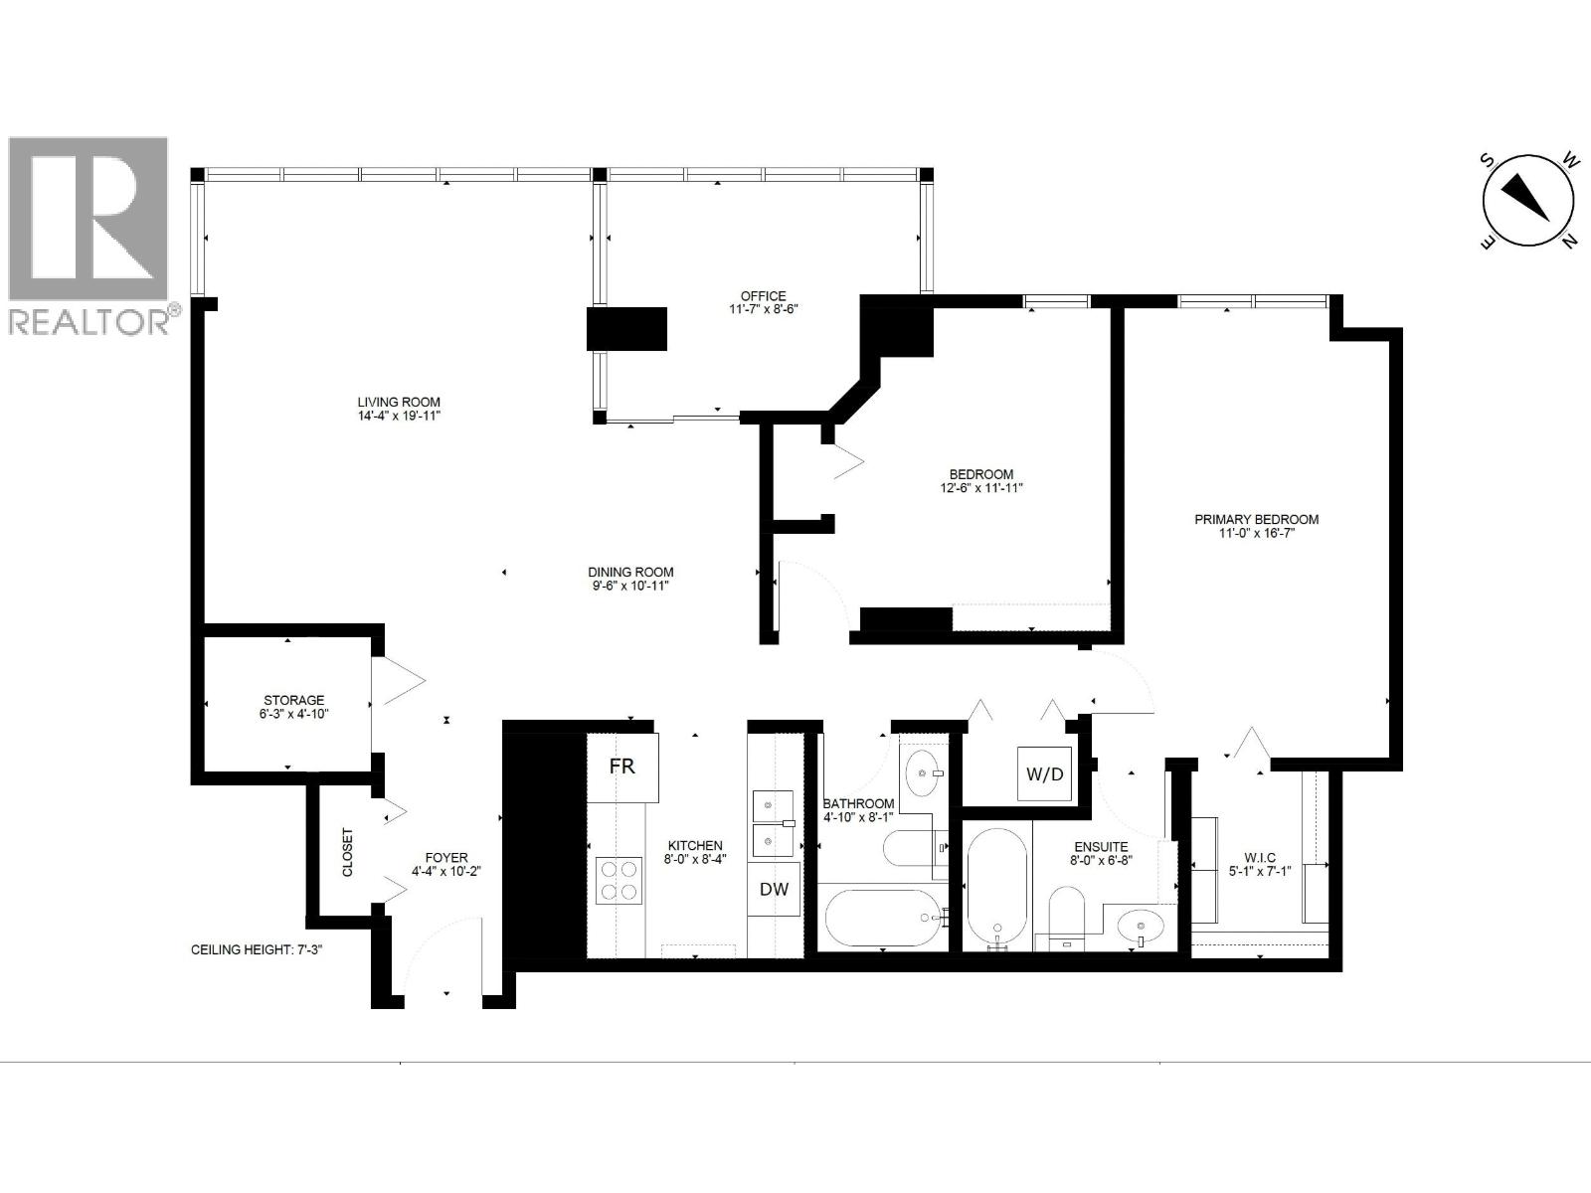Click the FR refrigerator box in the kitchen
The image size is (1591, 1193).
tap(622, 767)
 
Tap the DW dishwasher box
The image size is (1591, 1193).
tap(774, 889)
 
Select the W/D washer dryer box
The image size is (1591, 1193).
tap(1044, 773)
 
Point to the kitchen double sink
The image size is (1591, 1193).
tap(773, 823)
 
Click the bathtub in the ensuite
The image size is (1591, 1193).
tap(997, 885)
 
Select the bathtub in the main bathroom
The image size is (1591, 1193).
tap(881, 917)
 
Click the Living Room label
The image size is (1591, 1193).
tap(399, 403)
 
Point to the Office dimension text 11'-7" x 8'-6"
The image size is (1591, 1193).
tap(763, 309)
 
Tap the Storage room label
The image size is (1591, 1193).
tap(293, 700)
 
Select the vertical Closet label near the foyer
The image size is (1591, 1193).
tap(348, 853)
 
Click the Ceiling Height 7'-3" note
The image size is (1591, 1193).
tap(257, 949)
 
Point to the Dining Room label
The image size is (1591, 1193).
tap(630, 572)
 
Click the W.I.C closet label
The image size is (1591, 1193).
tap(1259, 858)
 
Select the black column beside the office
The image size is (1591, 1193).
tap(626, 329)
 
